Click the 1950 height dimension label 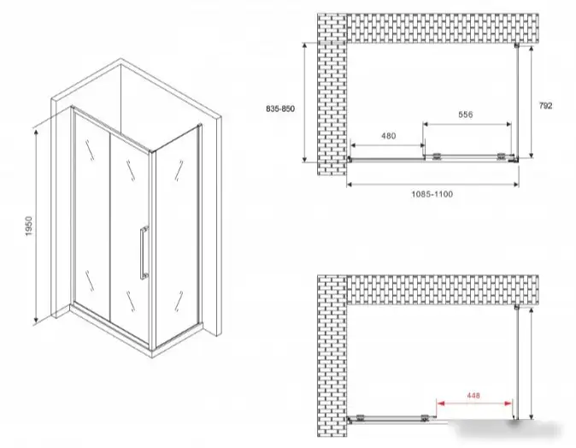click(29, 226)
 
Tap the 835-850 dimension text click(280, 109)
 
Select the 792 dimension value click(545, 106)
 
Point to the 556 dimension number click(466, 115)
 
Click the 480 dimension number click(388, 136)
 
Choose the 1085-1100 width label click(432, 194)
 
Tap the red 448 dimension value click(473, 396)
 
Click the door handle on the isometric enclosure click(144, 253)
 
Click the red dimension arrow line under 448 click(474, 404)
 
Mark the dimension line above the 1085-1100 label click(432, 185)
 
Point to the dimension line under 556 click(467, 124)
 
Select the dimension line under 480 click(388, 145)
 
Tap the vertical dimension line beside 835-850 click(304, 103)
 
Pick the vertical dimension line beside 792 click(532, 102)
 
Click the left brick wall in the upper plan click(332, 94)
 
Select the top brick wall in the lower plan click(443, 290)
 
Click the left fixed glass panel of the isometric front click(91, 215)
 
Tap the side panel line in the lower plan click(516, 363)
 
